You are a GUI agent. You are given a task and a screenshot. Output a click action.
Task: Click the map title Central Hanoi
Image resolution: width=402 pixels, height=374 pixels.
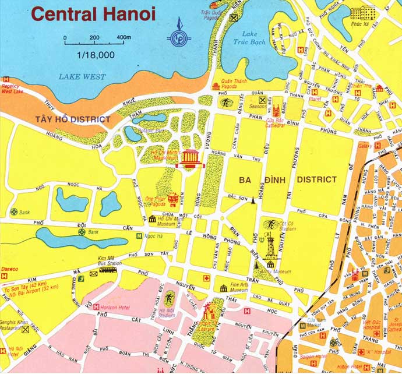(94, 13)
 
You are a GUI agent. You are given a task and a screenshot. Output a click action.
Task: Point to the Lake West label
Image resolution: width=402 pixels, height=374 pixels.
(82, 76)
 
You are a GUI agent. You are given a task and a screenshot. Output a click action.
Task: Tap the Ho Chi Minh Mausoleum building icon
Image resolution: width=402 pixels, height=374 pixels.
(191, 158)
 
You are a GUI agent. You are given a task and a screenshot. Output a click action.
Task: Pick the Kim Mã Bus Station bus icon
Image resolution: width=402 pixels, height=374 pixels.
(108, 270)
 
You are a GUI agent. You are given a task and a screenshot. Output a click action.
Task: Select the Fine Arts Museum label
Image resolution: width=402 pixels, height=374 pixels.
(239, 286)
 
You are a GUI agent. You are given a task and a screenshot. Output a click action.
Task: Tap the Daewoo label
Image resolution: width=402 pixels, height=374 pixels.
(9, 270)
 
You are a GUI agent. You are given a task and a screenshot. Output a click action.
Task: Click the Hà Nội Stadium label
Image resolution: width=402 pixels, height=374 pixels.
(168, 313)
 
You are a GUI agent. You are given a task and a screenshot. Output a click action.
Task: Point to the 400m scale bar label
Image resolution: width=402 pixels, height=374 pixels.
(124, 37)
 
